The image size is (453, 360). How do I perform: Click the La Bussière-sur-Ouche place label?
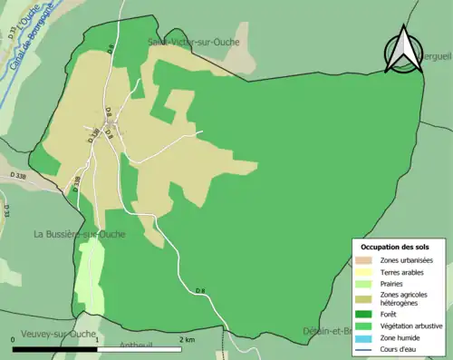[x=80, y=234]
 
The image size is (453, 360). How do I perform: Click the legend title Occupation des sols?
[x=397, y=247]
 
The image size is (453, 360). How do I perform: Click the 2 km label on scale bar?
[x=188, y=339]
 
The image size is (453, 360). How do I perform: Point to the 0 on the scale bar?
[x=14, y=339]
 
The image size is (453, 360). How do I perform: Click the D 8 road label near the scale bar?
[x=200, y=290]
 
